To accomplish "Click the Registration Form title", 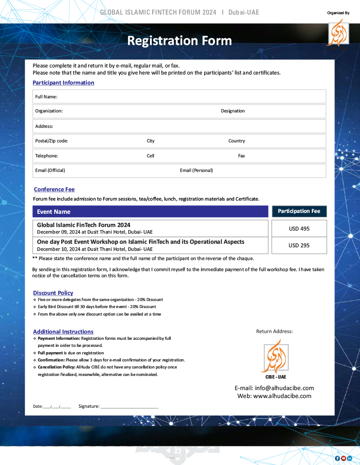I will pyautogui.click(x=180, y=41).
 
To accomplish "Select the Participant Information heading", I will pyautogui.click(x=63, y=83).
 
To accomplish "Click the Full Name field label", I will pyautogui.click(x=46, y=97).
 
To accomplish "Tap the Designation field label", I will pyautogui.click(x=232, y=111).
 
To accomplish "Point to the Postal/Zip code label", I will pyautogui.click(x=52, y=141).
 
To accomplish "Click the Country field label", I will pyautogui.click(x=236, y=141).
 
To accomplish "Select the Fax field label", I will pyautogui.click(x=241, y=156).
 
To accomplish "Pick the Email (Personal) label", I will pyautogui.click(x=196, y=171).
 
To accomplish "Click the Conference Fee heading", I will pyautogui.click(x=54, y=190).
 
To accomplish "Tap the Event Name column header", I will pyautogui.click(x=54, y=212).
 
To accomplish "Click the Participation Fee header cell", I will pyautogui.click(x=299, y=211).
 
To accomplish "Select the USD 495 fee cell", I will pyautogui.click(x=299, y=229).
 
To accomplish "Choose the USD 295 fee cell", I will pyautogui.click(x=299, y=246).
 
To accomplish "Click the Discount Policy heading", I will pyautogui.click(x=53, y=293).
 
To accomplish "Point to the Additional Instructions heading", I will pyautogui.click(x=63, y=332).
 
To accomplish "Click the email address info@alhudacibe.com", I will pyautogui.click(x=274, y=388).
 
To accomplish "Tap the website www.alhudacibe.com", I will pyautogui.click(x=274, y=396).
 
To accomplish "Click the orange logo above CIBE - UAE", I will pyautogui.click(x=276, y=356).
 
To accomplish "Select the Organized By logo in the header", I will pyautogui.click(x=337, y=33).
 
